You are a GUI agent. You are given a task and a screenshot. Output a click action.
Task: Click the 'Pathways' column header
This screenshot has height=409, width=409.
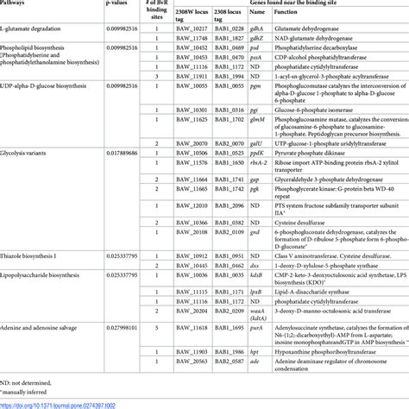point(18,5)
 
